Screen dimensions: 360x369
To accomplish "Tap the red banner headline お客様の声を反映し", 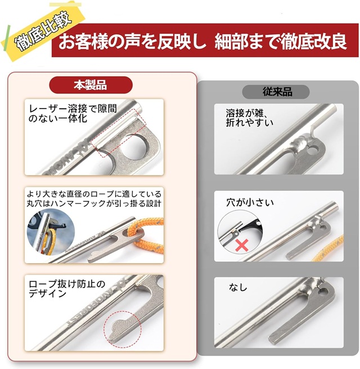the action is (132, 42).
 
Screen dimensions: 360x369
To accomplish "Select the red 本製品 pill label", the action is (91, 85).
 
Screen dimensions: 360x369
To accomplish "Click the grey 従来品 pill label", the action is (276, 92).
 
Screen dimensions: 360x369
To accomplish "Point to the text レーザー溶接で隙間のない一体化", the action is (73, 113).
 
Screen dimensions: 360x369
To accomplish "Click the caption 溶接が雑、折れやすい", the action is (249, 118).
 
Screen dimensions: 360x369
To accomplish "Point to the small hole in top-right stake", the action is (314, 150).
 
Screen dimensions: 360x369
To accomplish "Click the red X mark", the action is (241, 245).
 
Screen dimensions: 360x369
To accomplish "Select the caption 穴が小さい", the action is (250, 202).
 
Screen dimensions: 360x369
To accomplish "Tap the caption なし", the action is (238, 287).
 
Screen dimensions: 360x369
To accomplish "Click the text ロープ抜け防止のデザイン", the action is (66, 289).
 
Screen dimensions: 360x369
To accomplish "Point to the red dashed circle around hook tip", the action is (123, 330).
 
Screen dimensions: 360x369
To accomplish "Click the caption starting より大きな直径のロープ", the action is (94, 199).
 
